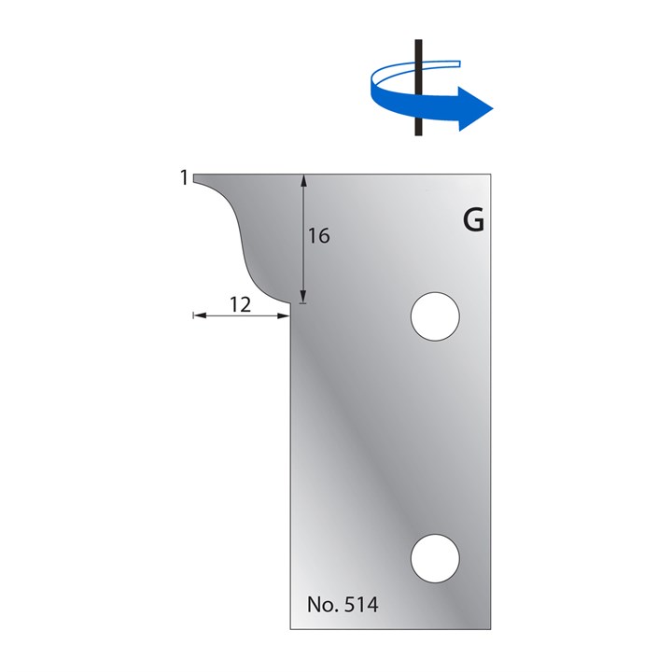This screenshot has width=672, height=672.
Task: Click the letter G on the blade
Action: [473, 221]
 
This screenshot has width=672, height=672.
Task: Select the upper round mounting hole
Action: [436, 316]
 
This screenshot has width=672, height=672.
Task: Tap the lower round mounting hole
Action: [436, 558]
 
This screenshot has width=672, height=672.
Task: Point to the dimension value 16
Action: [318, 236]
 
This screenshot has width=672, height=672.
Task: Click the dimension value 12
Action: [240, 304]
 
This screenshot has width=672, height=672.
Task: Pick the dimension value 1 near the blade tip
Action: [185, 176]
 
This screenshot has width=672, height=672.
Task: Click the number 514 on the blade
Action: [359, 605]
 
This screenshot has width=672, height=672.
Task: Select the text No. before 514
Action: [322, 605]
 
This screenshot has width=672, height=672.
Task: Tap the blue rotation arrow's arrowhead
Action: [476, 109]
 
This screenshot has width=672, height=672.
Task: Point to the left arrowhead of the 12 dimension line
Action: [197, 317]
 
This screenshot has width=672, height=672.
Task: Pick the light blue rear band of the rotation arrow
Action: [439, 64]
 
